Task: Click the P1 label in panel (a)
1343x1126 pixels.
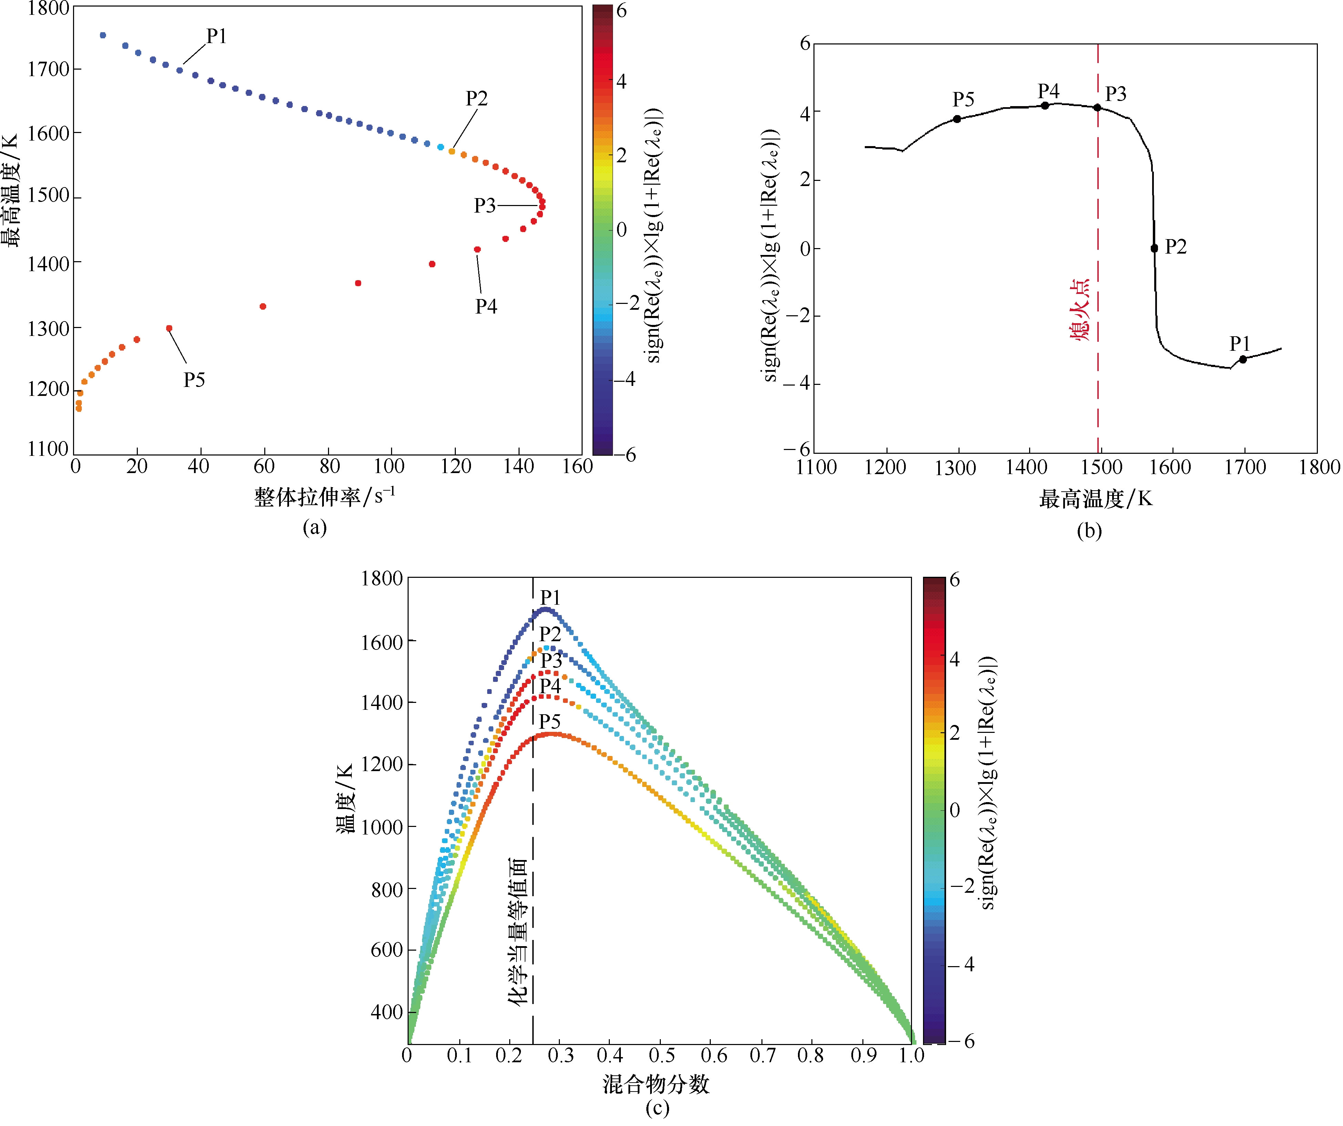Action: point(216,37)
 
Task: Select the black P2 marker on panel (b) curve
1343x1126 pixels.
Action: point(1154,248)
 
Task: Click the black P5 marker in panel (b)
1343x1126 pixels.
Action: point(957,119)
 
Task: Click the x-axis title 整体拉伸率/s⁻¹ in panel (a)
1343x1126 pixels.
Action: point(324,496)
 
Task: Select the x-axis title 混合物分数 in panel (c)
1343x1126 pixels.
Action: point(656,1084)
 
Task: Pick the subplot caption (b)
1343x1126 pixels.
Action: point(1089,531)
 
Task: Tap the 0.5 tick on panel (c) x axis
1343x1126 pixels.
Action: point(662,1056)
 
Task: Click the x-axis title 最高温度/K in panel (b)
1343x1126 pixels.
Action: point(1096,499)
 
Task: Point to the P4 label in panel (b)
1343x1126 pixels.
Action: point(1048,91)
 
